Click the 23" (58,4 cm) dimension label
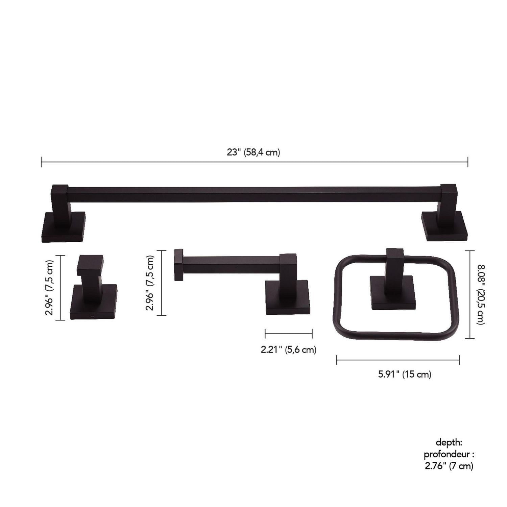pyautogui.click(x=254, y=152)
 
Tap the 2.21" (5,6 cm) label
pyautogui.click(x=288, y=349)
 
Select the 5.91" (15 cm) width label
pyautogui.click(x=405, y=374)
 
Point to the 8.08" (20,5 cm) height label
pyautogui.click(x=481, y=294)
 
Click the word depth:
pyautogui.click(x=449, y=442)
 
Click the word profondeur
pyautogui.click(x=446, y=454)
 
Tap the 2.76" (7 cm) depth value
pyautogui.click(x=449, y=466)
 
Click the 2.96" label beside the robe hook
pyautogui.click(x=50, y=288)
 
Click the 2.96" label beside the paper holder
pyautogui.click(x=150, y=283)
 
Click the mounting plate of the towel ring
pyautogui.click(x=392, y=293)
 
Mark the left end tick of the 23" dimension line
pyautogui.click(x=41, y=162)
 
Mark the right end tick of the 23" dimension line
pyautogui.click(x=468, y=162)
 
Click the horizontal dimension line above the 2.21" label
pyautogui.click(x=288, y=334)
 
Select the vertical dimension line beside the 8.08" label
pyautogui.click(x=470, y=294)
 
